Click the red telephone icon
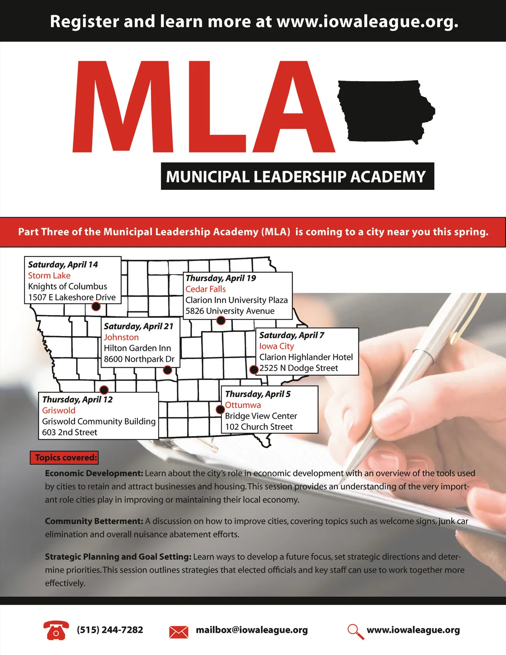click(x=56, y=630)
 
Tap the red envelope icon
click(x=178, y=632)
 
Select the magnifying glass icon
click(x=355, y=631)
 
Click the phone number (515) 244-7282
click(x=110, y=630)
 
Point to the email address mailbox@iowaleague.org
click(x=252, y=630)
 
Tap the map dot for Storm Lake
click(x=96, y=306)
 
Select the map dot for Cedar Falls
click(x=221, y=321)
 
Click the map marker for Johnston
click(x=167, y=370)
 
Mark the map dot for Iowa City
click(x=253, y=369)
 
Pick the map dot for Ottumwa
click(x=220, y=409)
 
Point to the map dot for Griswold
click(x=104, y=390)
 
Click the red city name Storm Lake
click(x=49, y=275)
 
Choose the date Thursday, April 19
click(x=221, y=278)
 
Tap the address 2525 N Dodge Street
click(x=299, y=368)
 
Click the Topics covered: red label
click(x=64, y=458)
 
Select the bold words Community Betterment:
click(x=94, y=521)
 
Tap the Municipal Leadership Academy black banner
click(x=297, y=176)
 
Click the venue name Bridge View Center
click(x=261, y=416)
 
